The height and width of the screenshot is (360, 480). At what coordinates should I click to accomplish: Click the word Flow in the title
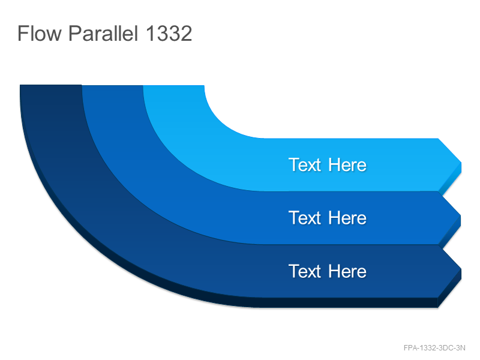40,33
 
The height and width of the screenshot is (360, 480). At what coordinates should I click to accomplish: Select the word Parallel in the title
103,33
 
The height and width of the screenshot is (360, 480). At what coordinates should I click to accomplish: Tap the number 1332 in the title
169,33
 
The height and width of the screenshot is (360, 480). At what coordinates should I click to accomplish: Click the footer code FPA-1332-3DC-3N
434,348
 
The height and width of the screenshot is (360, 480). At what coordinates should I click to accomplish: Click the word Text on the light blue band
305,165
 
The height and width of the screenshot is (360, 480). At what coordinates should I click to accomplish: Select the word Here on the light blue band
347,165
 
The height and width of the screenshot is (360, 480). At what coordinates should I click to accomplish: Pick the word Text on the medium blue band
305,218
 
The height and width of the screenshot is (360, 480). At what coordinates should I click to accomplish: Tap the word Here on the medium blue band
347,218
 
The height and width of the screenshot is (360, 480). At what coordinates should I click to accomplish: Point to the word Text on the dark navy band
305,271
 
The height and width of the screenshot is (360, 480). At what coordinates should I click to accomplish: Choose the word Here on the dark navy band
347,271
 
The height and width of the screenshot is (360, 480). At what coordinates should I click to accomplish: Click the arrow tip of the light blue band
461,163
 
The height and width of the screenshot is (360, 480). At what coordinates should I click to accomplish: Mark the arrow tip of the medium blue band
460,215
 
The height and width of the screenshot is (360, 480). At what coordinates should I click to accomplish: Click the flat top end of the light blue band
173,86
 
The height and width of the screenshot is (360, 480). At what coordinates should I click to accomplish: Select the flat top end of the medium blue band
112,86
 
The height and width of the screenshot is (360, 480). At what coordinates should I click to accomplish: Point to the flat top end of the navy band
51,85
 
